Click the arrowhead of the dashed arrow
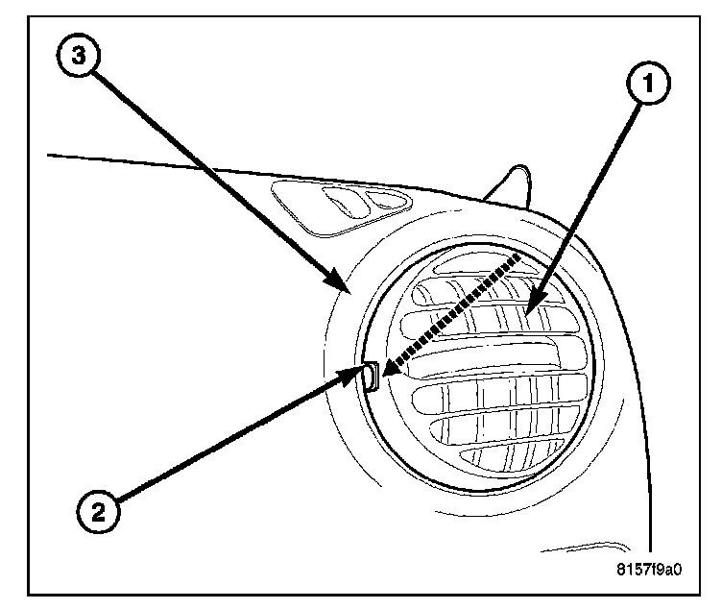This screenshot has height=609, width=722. pos(387,368)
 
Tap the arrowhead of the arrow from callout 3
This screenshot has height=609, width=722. pos(346,289)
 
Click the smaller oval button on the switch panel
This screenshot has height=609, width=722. pos(387,200)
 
